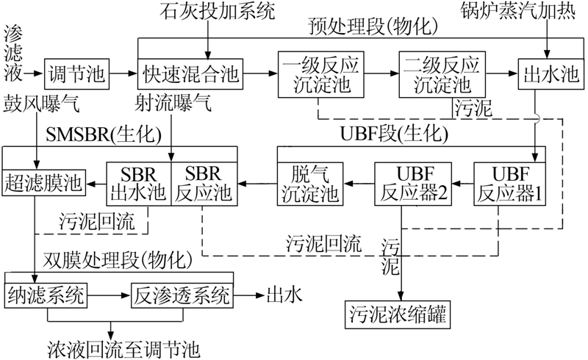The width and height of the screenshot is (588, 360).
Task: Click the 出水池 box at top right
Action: click(x=546, y=73)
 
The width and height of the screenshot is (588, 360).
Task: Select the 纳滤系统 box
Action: click(x=47, y=295)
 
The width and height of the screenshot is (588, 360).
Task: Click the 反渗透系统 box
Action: click(x=182, y=295)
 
